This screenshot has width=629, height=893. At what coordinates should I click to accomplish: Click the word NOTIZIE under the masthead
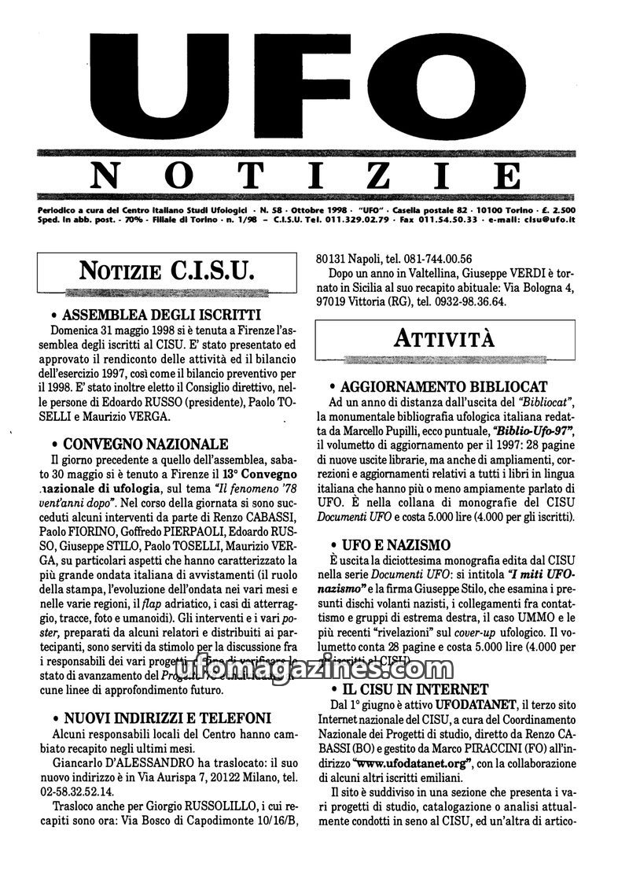click(x=307, y=175)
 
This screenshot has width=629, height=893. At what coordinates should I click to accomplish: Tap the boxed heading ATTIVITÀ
click(x=444, y=339)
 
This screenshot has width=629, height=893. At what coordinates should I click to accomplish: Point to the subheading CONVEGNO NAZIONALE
click(x=145, y=445)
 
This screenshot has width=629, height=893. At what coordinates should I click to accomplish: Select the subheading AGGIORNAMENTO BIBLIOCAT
click(x=444, y=387)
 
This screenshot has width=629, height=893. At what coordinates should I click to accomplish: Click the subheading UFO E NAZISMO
click(x=395, y=544)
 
